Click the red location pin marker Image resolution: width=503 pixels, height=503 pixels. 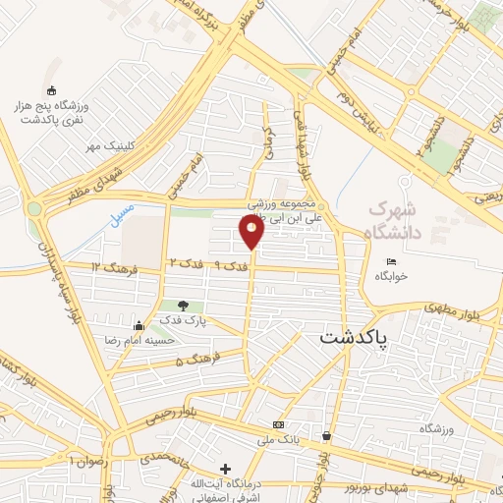click(x=251, y=232)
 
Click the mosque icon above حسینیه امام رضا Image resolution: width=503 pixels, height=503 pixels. click(x=139, y=326)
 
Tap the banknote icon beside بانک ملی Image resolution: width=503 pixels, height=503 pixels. click(x=278, y=424)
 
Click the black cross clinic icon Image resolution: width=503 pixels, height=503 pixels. click(x=226, y=469)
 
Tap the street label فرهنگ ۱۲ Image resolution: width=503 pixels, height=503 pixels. click(x=109, y=266)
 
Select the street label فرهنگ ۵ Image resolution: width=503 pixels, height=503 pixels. click(x=194, y=362)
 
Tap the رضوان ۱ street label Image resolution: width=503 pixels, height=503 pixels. click(x=86, y=460)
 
